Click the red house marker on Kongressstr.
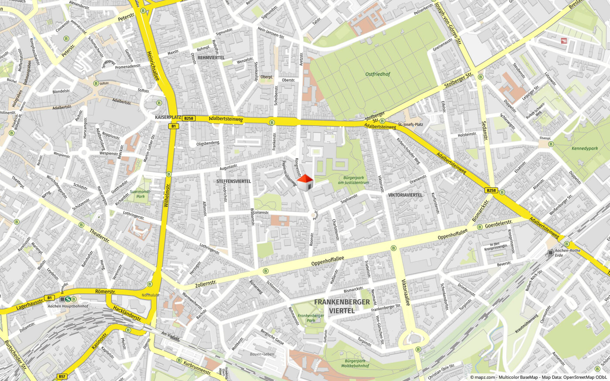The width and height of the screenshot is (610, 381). [305, 182]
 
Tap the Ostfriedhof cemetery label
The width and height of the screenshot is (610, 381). [378, 74]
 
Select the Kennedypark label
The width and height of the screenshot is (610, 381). [585, 149]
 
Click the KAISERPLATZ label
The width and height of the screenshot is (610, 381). [168, 118]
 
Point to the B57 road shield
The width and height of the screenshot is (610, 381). [62, 376]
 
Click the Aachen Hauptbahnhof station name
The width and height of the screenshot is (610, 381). [68, 306]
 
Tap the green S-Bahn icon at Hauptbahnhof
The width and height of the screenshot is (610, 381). [68, 299]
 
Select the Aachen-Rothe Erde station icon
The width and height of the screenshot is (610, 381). [551, 253]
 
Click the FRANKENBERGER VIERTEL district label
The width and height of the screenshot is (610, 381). [342, 306]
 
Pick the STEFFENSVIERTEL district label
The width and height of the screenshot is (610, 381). [234, 181]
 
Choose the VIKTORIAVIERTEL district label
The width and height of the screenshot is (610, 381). [405, 195]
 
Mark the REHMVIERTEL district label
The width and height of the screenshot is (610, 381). [211, 58]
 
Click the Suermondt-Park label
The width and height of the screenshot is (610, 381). [140, 194]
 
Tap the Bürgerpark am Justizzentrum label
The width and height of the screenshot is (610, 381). [353, 180]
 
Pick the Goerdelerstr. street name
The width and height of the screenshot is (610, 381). [499, 223]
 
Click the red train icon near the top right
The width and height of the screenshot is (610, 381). [564, 41]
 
